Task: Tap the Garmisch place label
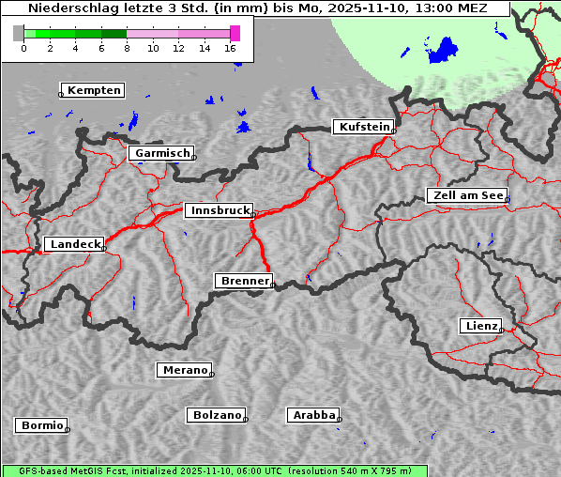(x=162, y=153)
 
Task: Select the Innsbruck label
(x=219, y=211)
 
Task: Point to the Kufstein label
(x=364, y=127)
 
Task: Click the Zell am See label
(x=467, y=195)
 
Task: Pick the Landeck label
(x=74, y=244)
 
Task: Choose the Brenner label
(x=244, y=281)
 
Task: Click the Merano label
(x=184, y=370)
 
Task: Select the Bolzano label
(x=217, y=415)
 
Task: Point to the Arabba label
(x=312, y=415)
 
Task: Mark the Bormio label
(x=41, y=425)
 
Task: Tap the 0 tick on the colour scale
(x=23, y=47)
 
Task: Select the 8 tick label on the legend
(x=127, y=47)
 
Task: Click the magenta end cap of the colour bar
(x=235, y=33)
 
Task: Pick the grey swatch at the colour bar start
(x=19, y=33)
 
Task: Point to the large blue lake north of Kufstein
(x=442, y=51)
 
